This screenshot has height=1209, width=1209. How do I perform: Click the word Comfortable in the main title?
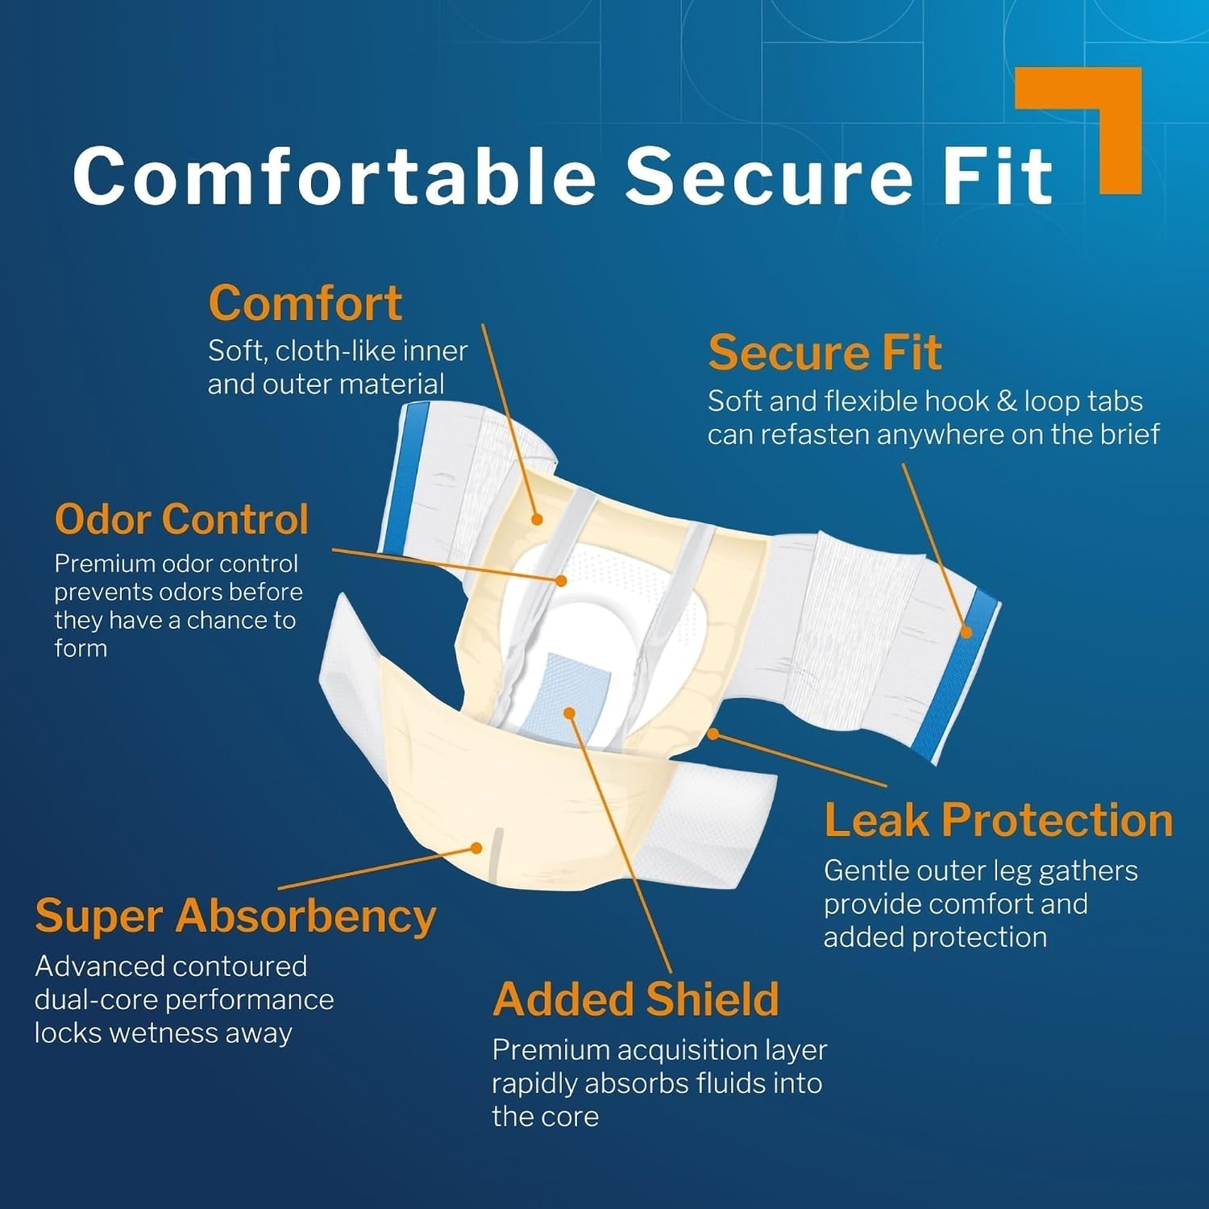tap(334, 176)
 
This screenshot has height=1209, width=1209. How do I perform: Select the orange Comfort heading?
tap(305, 303)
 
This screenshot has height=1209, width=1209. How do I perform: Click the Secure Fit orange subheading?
tap(825, 353)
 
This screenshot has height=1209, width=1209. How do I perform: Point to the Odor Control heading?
tap(181, 519)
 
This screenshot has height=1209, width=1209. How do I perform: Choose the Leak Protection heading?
tap(998, 821)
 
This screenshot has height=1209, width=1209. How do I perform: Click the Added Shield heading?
tap(636, 999)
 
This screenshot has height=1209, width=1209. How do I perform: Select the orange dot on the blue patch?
tap(569, 713)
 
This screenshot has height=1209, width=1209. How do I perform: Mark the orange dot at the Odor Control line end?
tap(562, 580)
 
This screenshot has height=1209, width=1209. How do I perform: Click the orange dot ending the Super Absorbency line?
tap(476, 848)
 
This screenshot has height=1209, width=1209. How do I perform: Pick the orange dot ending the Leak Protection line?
tap(713, 733)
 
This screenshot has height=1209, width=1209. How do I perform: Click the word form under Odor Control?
tap(81, 649)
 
